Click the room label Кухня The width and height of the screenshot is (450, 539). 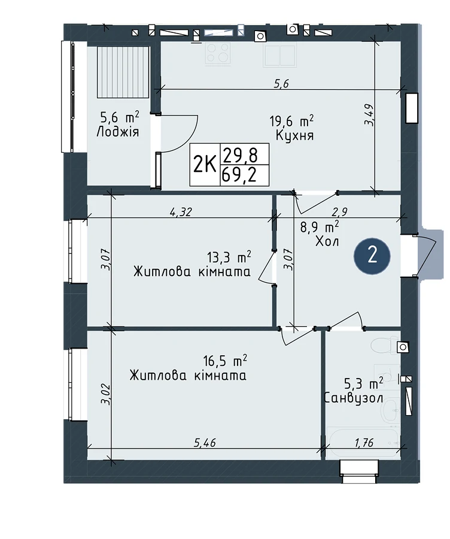coord(295,135)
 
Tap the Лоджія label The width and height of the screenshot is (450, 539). coord(117,132)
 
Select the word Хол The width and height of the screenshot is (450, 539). coord(327,242)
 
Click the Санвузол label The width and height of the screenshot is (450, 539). coord(354,398)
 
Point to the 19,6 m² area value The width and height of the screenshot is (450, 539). coord(291,121)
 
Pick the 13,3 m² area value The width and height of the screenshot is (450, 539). coord(229,256)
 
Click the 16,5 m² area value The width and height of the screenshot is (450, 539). coord(225,361)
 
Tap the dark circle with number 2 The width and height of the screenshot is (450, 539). coord(372,256)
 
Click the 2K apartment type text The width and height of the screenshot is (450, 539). coord(205,165)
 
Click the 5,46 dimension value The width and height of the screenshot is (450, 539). coord(205,443)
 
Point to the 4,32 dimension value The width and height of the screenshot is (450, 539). coord(180,212)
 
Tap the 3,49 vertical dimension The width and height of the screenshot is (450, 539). coord(369,114)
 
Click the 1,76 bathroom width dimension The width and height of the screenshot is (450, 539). coord(364,443)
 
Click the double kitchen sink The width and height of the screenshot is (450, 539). coord(280,54)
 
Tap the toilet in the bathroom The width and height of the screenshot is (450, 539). coord(384,346)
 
